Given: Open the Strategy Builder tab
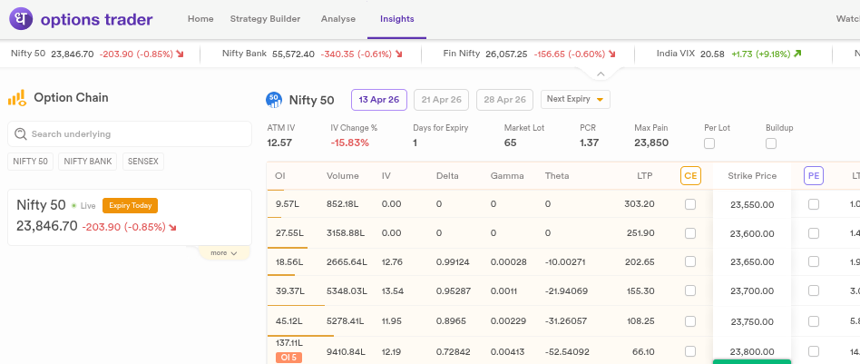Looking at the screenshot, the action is click(x=265, y=19).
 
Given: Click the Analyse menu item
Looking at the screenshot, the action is click(x=337, y=19).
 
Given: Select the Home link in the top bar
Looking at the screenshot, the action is click(x=200, y=19).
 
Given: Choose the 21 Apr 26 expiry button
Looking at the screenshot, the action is click(x=441, y=99).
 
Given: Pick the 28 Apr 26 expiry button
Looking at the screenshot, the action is click(x=504, y=99).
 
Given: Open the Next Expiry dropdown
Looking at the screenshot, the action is click(x=575, y=99).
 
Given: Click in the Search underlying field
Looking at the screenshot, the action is click(x=130, y=134).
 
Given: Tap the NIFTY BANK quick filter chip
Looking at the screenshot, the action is click(x=88, y=162).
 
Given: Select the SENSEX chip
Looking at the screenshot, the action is click(x=143, y=162).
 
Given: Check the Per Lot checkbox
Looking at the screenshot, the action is click(x=709, y=143).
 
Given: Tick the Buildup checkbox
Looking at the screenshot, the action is click(x=771, y=143).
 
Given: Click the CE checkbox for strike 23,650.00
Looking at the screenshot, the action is click(x=690, y=262).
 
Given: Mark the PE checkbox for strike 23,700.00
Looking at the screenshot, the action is click(x=814, y=291).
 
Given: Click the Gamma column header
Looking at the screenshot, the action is click(x=507, y=176).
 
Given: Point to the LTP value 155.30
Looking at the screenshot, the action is click(x=639, y=291).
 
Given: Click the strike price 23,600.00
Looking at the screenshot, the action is click(x=752, y=233).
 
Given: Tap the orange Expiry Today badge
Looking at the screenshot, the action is click(x=130, y=205).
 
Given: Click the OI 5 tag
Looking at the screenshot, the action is click(x=288, y=358).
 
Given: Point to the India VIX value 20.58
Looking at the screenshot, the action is click(x=712, y=54).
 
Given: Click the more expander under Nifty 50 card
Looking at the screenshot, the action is click(x=224, y=253).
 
